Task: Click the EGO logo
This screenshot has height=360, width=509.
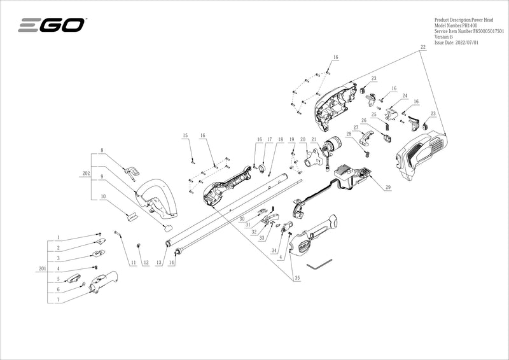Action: tap(52, 25)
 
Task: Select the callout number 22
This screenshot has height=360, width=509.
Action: tap(422, 48)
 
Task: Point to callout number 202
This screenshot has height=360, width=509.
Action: tap(86, 172)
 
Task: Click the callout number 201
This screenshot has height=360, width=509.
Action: tap(43, 269)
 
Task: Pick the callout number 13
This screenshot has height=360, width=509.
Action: tap(159, 263)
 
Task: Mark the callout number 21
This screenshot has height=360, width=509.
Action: tap(314, 139)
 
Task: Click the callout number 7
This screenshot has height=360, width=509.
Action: tap(58, 299)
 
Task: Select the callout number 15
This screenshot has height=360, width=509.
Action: tap(186, 135)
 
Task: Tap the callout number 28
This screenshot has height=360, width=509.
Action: tap(349, 134)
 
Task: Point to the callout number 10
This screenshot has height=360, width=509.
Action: tap(102, 197)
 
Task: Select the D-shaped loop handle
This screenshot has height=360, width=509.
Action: tap(157, 197)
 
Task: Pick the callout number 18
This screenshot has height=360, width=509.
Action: tap(281, 139)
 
